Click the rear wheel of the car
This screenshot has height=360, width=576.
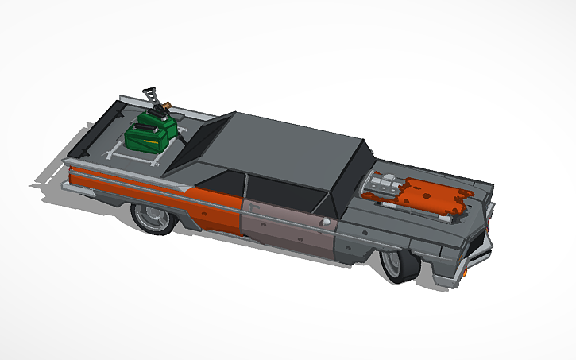coord(152,216)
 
